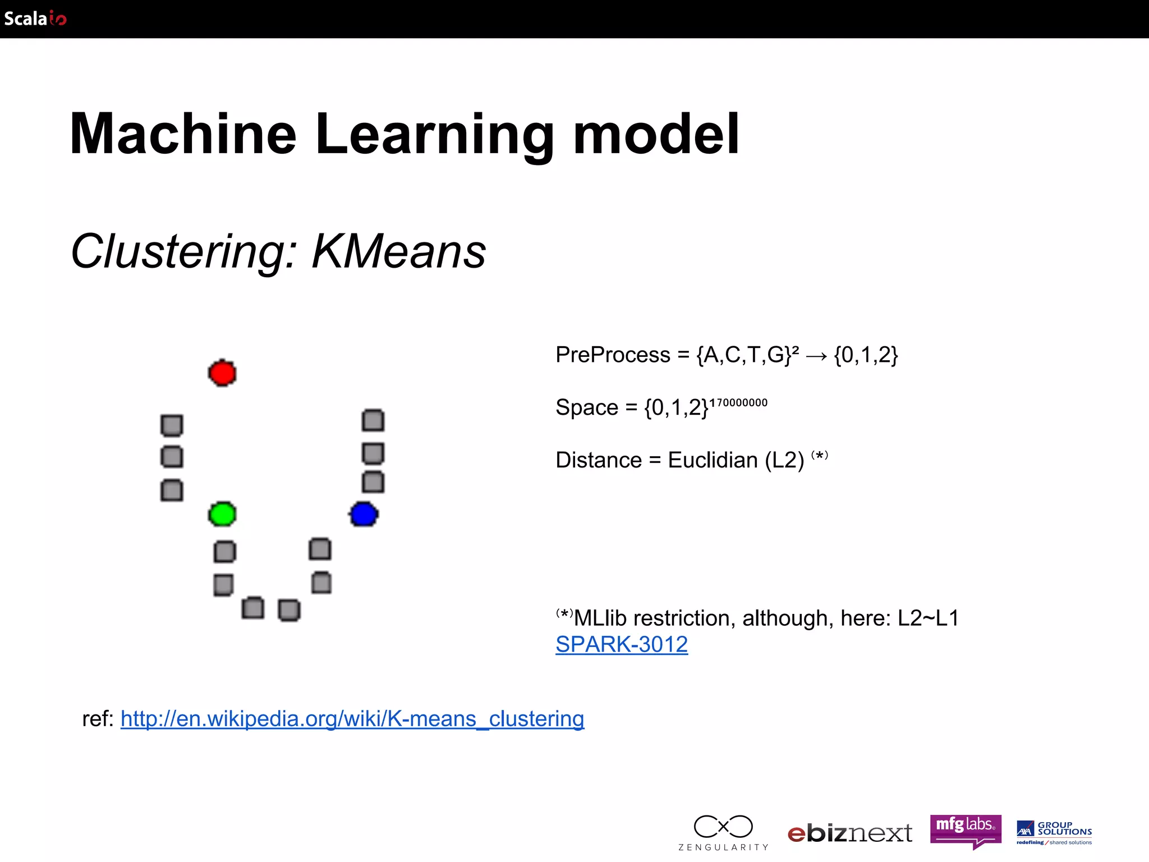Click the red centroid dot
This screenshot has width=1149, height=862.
click(x=222, y=373)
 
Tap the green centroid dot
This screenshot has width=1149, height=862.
click(x=222, y=514)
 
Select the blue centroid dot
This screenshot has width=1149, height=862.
click(x=364, y=514)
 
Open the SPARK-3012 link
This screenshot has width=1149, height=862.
click(x=622, y=644)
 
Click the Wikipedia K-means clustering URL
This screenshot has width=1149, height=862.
click(x=352, y=719)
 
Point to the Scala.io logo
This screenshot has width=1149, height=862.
click(x=35, y=19)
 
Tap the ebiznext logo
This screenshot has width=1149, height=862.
click(x=849, y=833)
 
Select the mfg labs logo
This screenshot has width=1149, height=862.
click(x=966, y=830)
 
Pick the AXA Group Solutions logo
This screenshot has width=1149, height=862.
click(x=1054, y=833)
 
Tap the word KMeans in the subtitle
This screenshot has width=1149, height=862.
click(x=398, y=251)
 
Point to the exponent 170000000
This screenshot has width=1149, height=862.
click(x=738, y=402)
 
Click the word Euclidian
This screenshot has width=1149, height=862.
click(x=713, y=460)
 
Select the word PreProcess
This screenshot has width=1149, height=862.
click(x=613, y=355)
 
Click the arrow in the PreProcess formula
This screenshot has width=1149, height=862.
click(x=816, y=356)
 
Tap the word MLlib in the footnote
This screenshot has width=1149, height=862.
click(x=600, y=618)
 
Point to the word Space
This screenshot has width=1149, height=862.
click(x=587, y=407)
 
